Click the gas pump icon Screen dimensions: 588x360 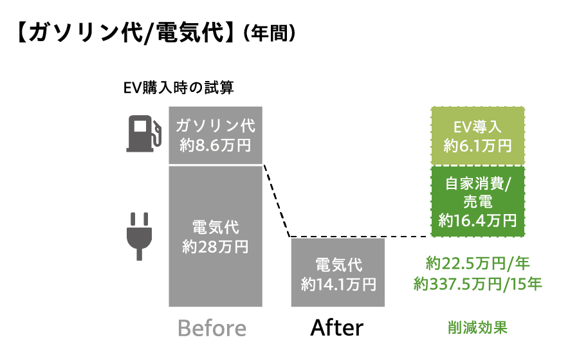[144, 134]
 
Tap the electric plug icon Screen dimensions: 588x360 [139, 237]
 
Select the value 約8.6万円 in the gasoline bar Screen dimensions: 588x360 [216, 145]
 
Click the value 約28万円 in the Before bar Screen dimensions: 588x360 [216, 247]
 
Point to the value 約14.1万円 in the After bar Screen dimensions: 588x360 [338, 284]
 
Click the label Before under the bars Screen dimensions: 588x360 [212, 328]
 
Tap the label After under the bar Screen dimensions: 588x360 [336, 328]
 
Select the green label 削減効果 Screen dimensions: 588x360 [477, 328]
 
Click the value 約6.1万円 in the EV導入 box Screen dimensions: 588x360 [477, 145]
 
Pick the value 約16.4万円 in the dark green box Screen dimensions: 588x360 [477, 221]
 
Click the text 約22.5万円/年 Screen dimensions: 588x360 [477, 264]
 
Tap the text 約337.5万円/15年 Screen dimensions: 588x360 [477, 284]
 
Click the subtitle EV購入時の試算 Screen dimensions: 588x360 [178, 87]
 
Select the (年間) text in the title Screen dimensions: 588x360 [270, 33]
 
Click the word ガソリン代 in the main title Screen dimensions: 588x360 [85, 33]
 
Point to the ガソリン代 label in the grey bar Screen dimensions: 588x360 [216, 125]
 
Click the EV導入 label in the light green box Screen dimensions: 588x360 [477, 127]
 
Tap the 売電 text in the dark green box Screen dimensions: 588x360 [477, 202]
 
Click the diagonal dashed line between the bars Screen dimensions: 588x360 [277, 201]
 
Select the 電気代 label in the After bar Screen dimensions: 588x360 [338, 265]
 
